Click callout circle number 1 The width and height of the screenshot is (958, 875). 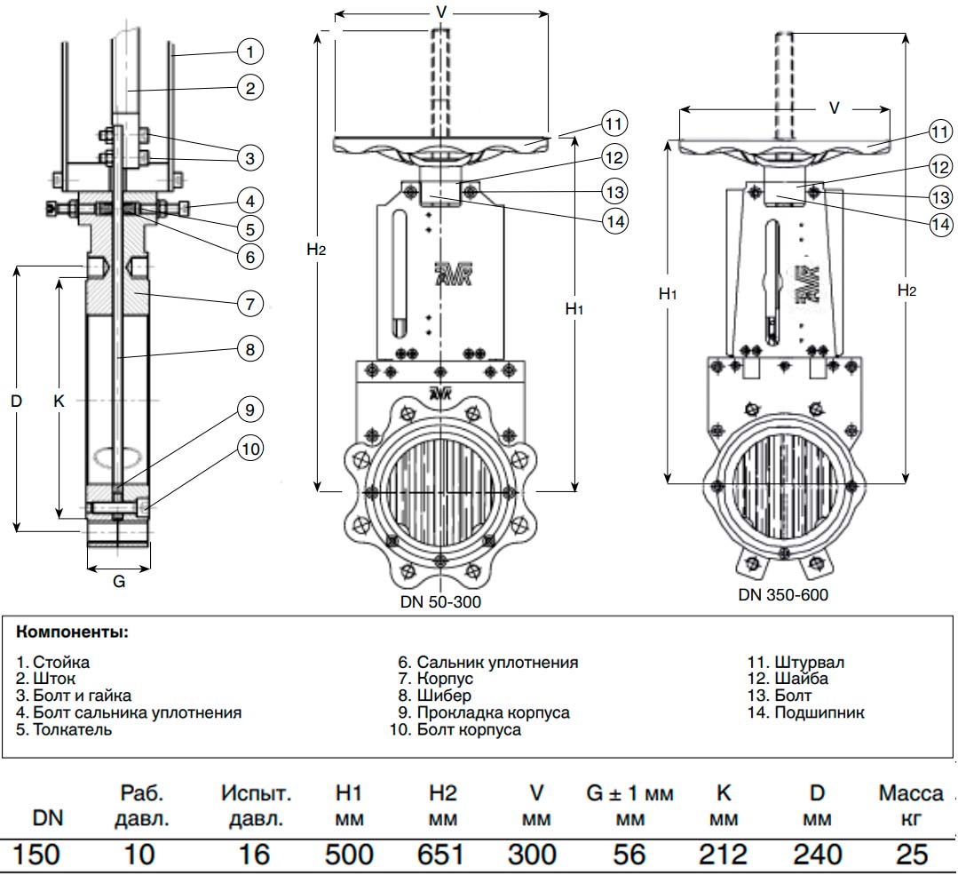click(249, 52)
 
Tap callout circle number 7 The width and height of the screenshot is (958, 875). click(249, 304)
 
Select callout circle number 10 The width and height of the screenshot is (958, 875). click(249, 449)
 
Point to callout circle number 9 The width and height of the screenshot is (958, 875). click(249, 410)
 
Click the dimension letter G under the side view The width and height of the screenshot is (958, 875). click(119, 581)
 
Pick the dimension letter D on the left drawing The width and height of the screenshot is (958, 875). click(17, 402)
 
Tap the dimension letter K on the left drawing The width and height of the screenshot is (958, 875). click(59, 402)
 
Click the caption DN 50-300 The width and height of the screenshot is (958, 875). click(440, 602)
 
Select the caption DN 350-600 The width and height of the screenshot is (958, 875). click(783, 595)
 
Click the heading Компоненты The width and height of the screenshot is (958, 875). click(73, 632)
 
